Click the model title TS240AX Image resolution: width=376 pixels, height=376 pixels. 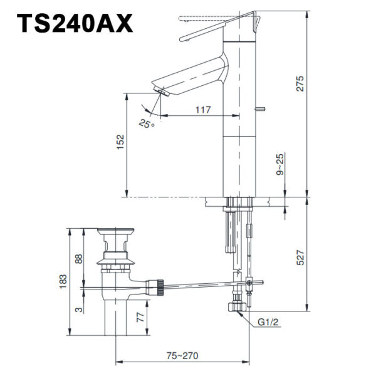(75, 23)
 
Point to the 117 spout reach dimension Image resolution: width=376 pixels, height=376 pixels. (202, 110)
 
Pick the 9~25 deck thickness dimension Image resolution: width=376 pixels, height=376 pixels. (280, 164)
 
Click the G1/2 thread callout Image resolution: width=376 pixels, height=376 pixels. (268, 323)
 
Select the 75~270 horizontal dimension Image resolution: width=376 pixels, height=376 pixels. (182, 355)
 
